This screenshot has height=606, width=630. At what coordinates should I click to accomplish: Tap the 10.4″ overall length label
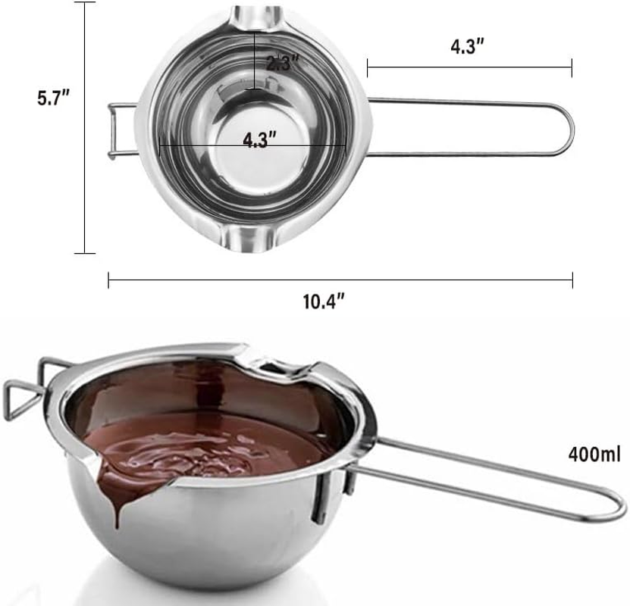point(324,301)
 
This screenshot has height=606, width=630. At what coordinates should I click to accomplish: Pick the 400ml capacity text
point(594,455)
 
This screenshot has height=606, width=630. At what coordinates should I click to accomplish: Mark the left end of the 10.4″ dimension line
point(109,280)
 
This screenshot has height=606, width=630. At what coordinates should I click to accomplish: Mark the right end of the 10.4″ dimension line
point(572,280)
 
